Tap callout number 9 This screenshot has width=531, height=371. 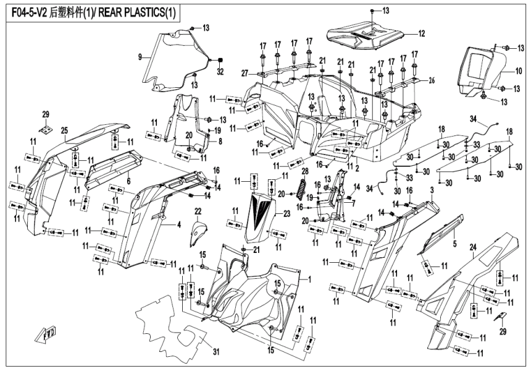pos(140,57)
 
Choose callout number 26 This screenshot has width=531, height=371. pos(431,79)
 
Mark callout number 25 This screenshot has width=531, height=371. pos(64,130)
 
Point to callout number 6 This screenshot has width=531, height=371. pos(128,180)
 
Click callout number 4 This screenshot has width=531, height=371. pos(179,224)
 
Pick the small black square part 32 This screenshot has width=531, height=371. pos(219,59)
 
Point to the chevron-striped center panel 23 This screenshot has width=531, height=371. pos(259,216)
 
